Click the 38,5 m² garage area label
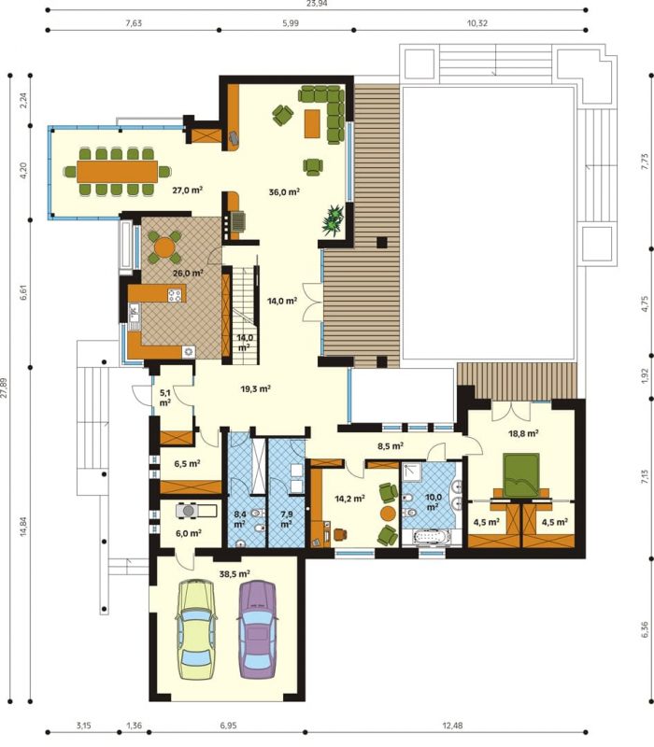point(235,574)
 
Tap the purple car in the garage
point(257,629)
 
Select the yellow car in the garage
point(196,629)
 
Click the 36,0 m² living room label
point(284,192)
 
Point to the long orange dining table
point(118,171)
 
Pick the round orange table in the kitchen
point(164,247)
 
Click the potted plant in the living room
point(334,219)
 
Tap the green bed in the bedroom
point(522,474)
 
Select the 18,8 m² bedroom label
point(523,433)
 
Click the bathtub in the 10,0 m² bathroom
point(432,538)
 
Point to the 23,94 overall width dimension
point(317,4)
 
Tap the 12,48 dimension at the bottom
point(452,726)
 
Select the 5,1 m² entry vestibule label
point(165,398)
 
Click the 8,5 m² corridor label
point(391,446)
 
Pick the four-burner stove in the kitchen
point(175,295)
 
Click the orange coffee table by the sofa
point(313,123)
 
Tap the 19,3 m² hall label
point(255,388)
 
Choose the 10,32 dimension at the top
point(477,22)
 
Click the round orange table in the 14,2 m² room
point(388,514)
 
